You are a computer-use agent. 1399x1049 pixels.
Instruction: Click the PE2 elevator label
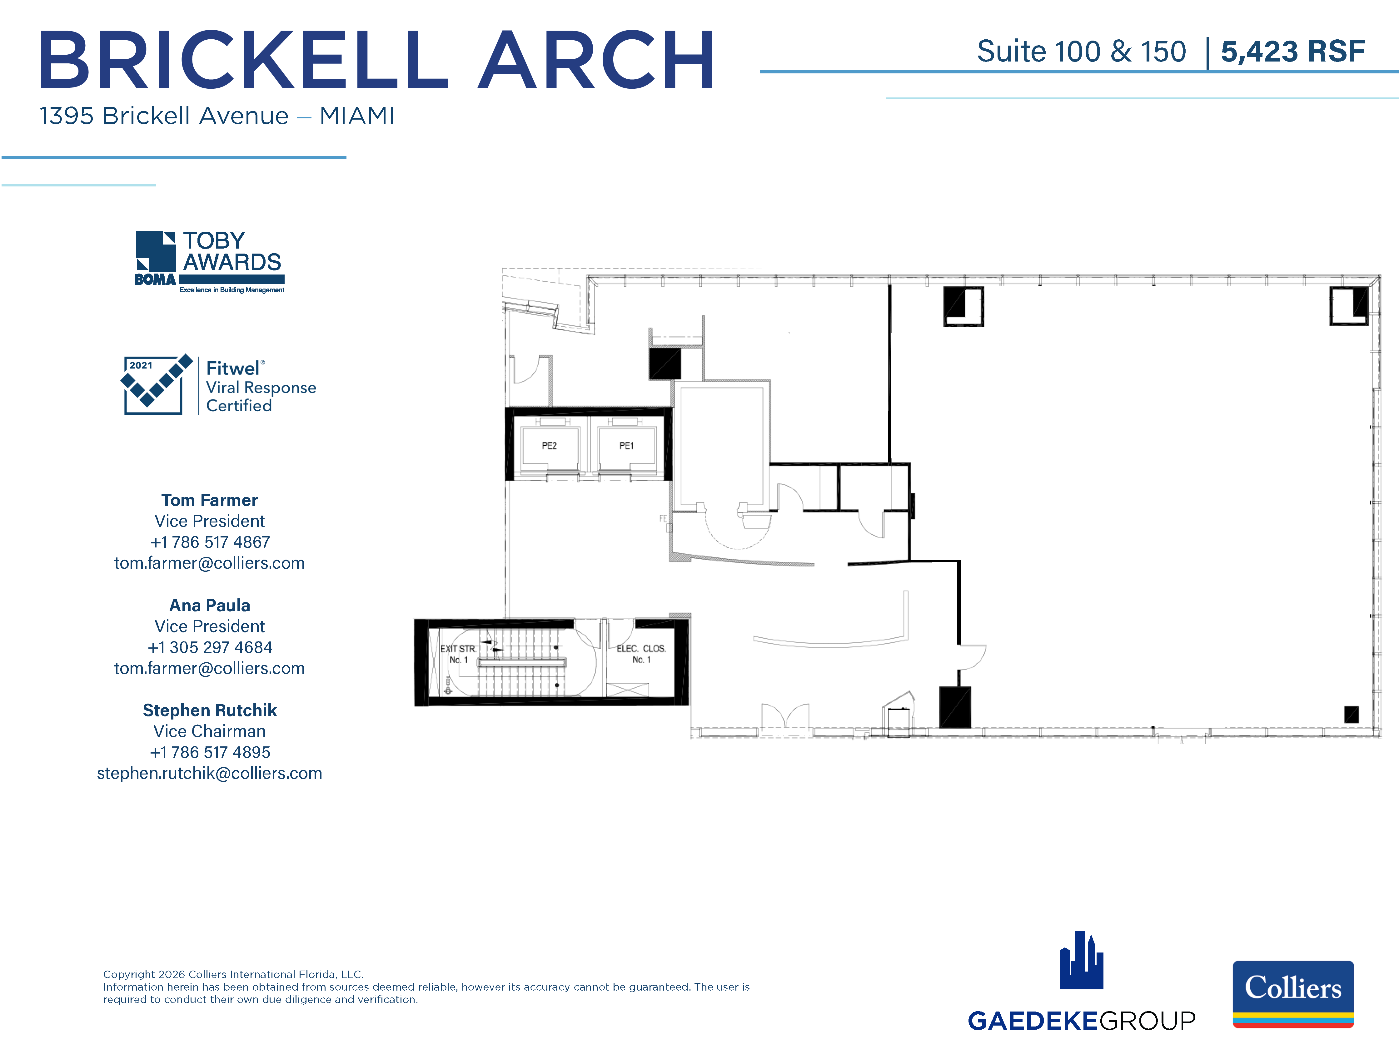[549, 446]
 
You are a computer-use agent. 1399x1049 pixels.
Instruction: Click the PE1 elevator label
[626, 446]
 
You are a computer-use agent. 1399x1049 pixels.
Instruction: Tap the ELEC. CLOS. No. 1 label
[641, 654]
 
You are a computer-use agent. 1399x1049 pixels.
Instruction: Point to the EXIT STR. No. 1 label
[459, 654]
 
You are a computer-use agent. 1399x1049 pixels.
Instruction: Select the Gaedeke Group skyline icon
[1082, 960]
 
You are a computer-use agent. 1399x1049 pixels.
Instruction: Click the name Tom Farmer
[209, 500]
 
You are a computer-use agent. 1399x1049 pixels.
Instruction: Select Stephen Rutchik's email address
[209, 773]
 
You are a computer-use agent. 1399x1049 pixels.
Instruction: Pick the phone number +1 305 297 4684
[209, 647]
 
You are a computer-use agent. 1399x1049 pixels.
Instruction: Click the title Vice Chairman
[209, 732]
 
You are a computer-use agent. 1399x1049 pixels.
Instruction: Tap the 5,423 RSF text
[1293, 52]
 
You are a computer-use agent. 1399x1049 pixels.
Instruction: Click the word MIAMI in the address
[357, 116]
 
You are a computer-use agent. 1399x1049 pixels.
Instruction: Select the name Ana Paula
[209, 606]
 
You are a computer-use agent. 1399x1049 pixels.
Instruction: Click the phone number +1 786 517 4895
[209, 752]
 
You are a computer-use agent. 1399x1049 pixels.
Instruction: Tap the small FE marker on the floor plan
[664, 518]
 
